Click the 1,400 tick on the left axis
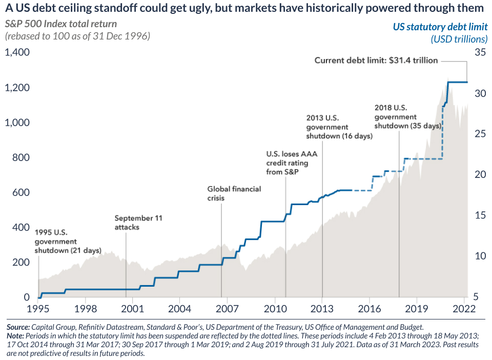tap(17, 52)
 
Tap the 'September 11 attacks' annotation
tap(138, 223)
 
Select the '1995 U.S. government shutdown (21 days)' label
tap(68, 242)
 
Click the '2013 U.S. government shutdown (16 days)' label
tap(339, 127)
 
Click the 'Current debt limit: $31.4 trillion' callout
tap(376, 61)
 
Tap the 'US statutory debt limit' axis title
tap(440, 27)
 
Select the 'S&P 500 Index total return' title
tap(60, 24)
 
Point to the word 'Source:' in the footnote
tap(18, 326)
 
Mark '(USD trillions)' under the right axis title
tap(459, 39)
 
